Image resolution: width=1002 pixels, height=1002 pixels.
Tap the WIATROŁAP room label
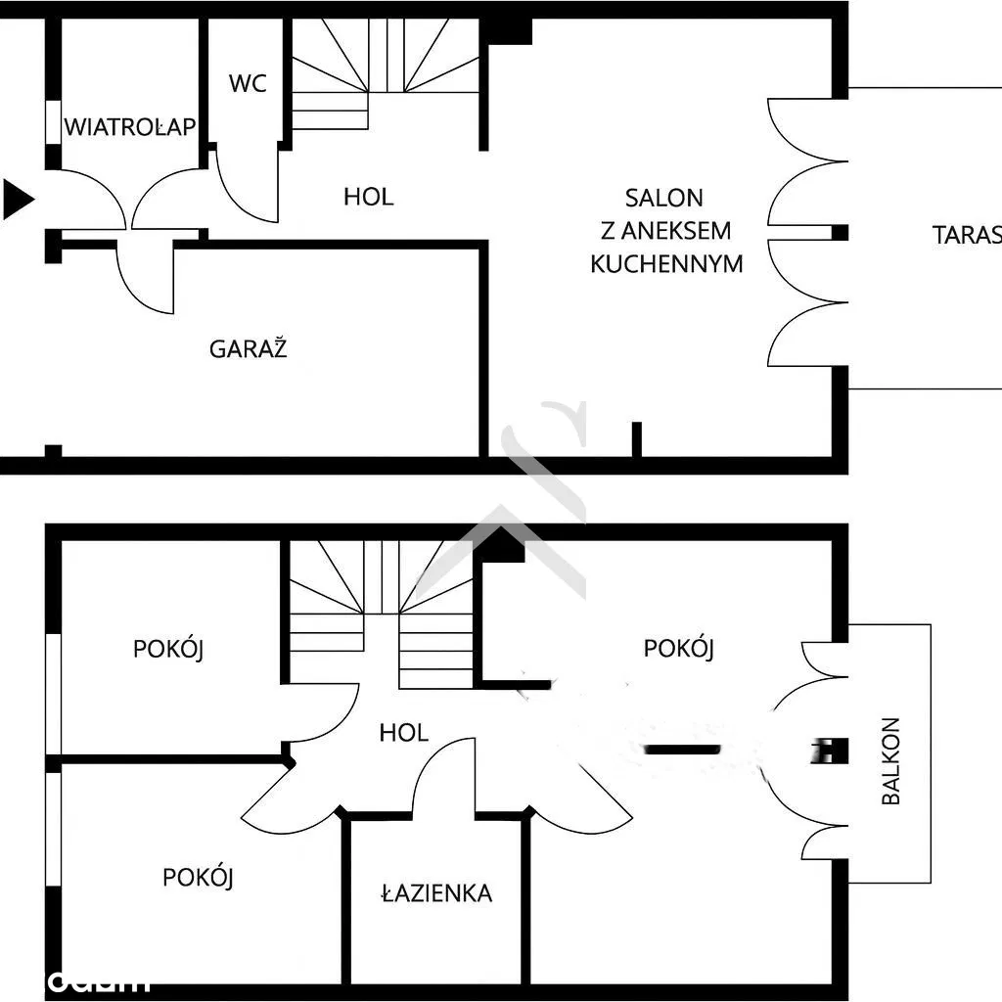131,126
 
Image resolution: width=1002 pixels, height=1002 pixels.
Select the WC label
248,83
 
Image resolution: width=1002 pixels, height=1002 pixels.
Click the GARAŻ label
249,348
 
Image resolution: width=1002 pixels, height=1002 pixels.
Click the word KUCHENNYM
666,263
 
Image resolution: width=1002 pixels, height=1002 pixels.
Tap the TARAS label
966,235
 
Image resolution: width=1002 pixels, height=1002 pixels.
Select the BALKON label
890,761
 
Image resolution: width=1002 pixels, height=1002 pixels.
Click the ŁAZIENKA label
436,892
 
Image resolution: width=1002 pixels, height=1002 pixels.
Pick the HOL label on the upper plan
369,197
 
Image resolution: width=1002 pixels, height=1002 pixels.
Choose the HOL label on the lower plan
404,732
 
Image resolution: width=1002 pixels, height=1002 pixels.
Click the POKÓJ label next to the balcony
679,648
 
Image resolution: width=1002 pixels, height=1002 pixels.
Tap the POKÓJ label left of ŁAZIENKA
199,877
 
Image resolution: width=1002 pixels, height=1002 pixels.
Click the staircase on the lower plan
382,607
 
